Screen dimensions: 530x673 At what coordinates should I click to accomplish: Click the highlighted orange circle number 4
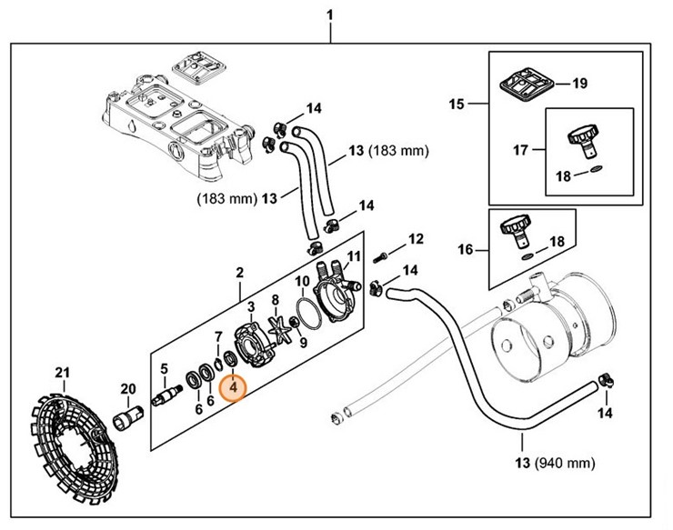[x=234, y=387]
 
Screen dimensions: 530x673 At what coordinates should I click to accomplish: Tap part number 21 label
[x=62, y=374]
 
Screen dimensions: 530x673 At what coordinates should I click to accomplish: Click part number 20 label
[x=128, y=389]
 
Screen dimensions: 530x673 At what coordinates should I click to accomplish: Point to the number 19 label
[x=579, y=85]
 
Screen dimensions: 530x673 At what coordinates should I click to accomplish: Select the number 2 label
[x=239, y=271]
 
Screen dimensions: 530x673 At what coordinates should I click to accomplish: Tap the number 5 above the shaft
[x=165, y=368]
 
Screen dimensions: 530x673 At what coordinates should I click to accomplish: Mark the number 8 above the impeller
[x=275, y=299]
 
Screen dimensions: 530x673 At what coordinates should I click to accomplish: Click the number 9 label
[x=303, y=343]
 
